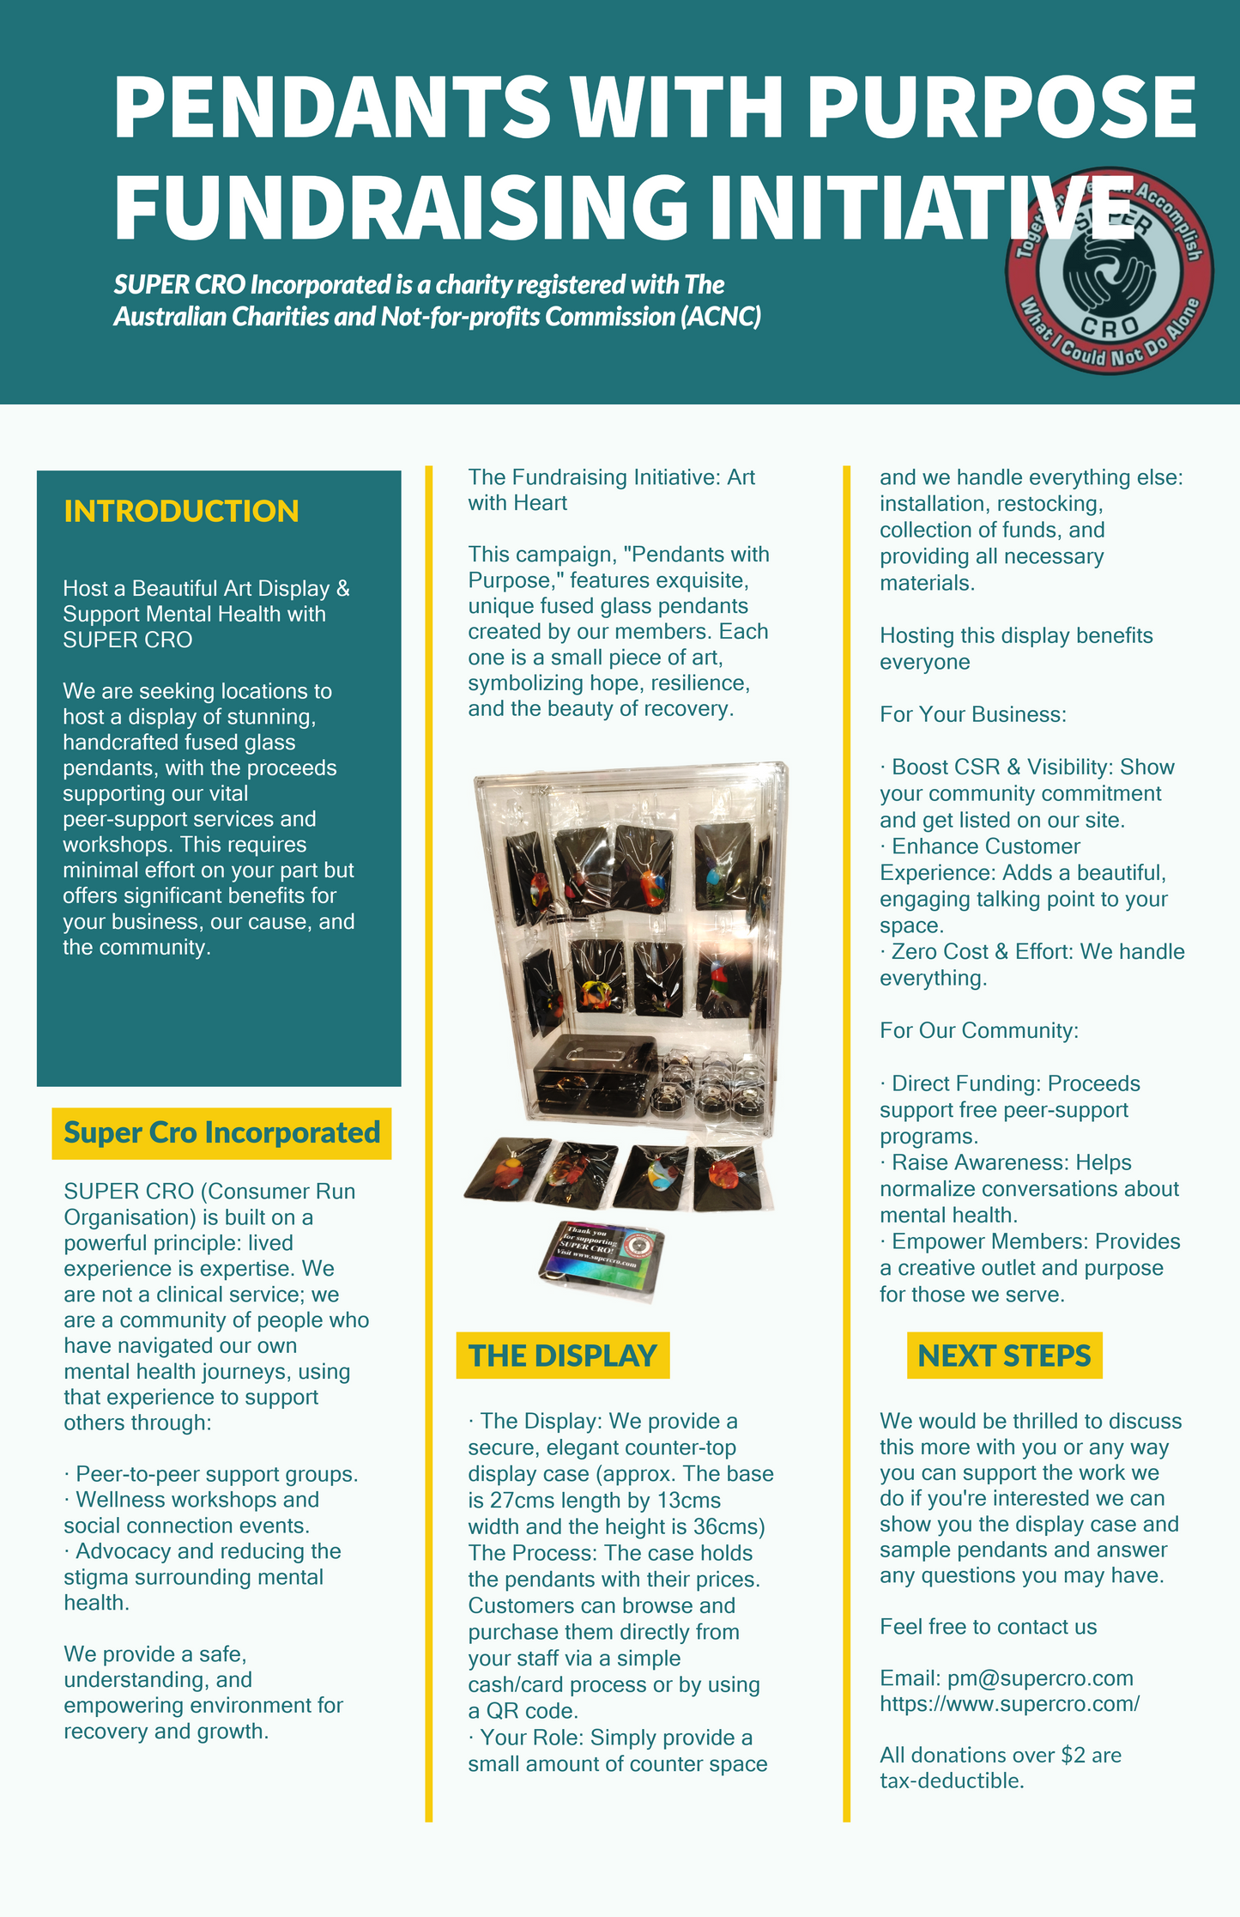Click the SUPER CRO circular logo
click(x=1110, y=271)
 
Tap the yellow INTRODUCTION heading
click(x=181, y=511)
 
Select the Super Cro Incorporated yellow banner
click(x=221, y=1133)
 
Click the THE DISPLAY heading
click(x=562, y=1356)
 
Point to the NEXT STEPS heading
click(x=1004, y=1356)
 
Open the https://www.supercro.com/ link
click(x=1009, y=1704)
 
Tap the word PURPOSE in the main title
click(x=1001, y=107)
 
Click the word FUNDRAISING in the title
click(x=400, y=206)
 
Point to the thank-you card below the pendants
click(x=601, y=1258)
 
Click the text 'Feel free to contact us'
click(x=988, y=1627)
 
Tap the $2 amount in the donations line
click(x=1074, y=1755)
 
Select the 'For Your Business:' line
click(x=973, y=714)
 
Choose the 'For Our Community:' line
click(x=979, y=1030)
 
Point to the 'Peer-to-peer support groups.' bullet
click(x=216, y=1474)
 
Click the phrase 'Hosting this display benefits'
click(x=1016, y=635)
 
